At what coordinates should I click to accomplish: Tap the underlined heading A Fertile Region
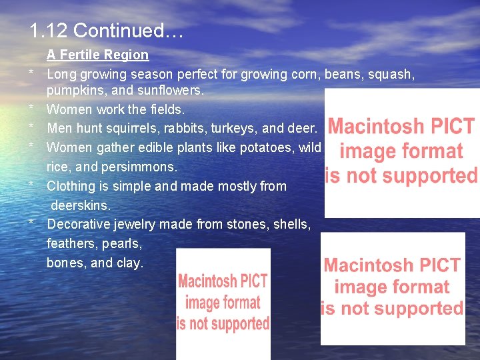pos(97,55)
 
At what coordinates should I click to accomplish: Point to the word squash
pos(391,74)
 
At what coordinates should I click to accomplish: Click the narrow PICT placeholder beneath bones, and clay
pos(223,303)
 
